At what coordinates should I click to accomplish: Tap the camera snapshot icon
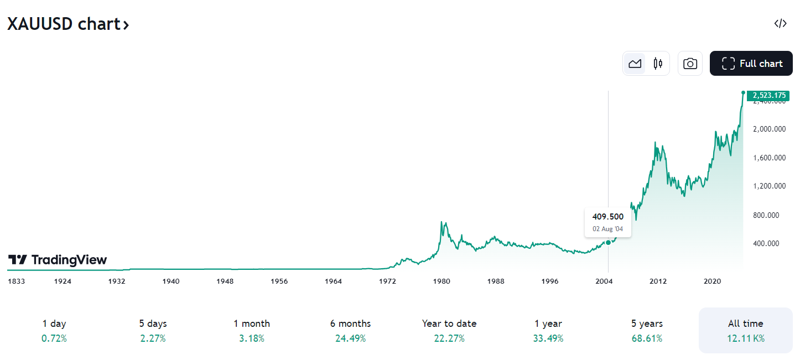pyautogui.click(x=690, y=64)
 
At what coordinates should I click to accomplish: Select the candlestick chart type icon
pyautogui.click(x=658, y=64)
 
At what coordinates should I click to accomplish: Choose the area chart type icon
pyautogui.click(x=635, y=64)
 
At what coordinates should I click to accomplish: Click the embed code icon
pyautogui.click(x=780, y=23)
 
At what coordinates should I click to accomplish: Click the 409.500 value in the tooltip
pyautogui.click(x=607, y=217)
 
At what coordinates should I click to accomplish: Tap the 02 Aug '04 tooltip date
pyautogui.click(x=607, y=229)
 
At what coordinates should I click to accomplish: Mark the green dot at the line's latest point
pyautogui.click(x=743, y=92)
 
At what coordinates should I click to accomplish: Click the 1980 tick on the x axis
pyautogui.click(x=441, y=281)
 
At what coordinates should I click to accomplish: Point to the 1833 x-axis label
pyautogui.click(x=16, y=281)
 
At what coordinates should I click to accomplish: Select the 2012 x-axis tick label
pyautogui.click(x=658, y=281)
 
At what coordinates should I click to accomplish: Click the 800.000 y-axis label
pyautogui.click(x=769, y=215)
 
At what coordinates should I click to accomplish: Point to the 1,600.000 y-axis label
pyautogui.click(x=769, y=158)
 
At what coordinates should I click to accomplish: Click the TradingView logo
pyautogui.click(x=58, y=260)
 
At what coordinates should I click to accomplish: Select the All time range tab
pyautogui.click(x=745, y=330)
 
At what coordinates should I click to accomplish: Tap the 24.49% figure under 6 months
pyautogui.click(x=350, y=338)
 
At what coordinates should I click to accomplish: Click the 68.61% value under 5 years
pyautogui.click(x=647, y=338)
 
